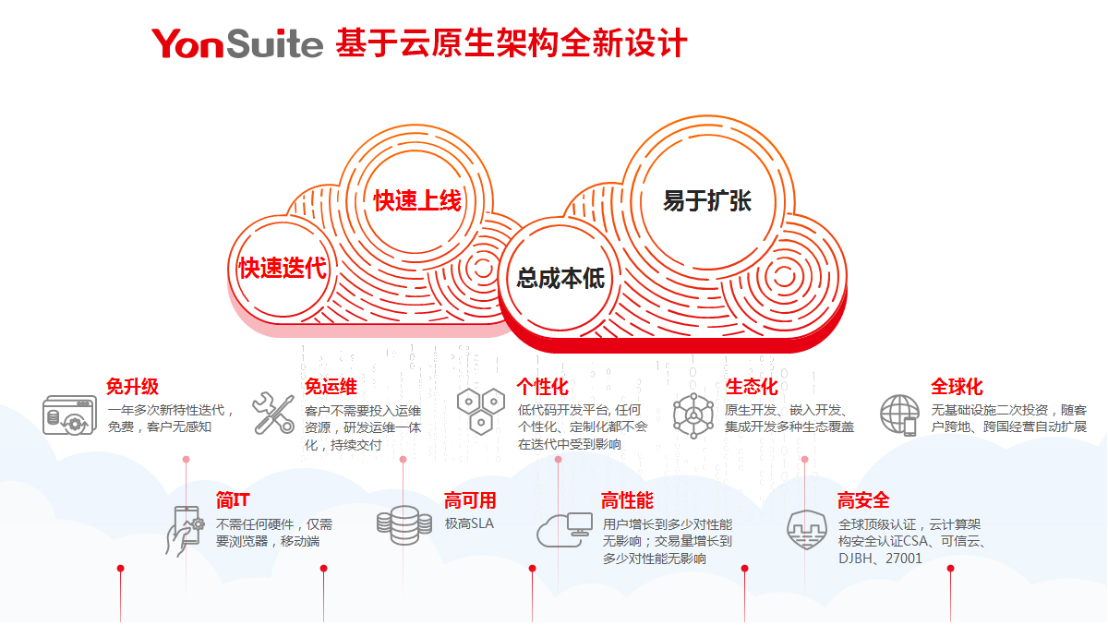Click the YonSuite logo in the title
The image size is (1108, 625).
pos(237,42)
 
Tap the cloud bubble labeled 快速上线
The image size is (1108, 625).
pos(416,199)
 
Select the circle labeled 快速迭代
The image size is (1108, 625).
pos(283,268)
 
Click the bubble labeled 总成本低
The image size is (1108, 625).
pos(560,277)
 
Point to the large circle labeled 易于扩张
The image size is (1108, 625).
pos(706,200)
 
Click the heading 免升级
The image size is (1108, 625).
pos(132,387)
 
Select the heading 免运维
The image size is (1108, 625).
pos(331,387)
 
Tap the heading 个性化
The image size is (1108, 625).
pos(543,387)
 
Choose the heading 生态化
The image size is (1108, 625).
pos(752,387)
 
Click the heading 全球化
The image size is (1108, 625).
pos(957,387)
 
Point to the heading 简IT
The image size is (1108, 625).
pos(234,500)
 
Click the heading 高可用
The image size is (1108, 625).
pos(470,500)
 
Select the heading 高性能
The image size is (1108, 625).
pos(627,500)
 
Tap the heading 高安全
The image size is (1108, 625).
pos(863,500)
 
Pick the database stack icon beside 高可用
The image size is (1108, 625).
pos(403,523)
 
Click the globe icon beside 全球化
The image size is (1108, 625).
pos(899,415)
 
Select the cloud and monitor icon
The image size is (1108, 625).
pos(565,529)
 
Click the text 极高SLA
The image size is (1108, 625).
pos(469,523)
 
